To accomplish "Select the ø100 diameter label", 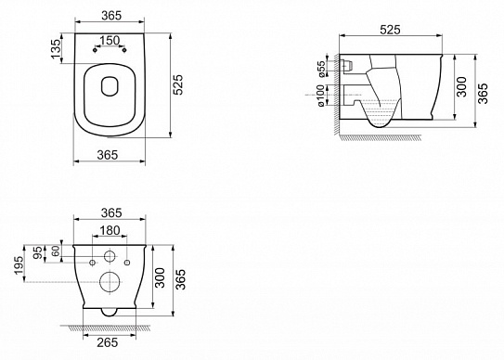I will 321,95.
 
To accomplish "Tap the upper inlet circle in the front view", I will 110,257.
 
